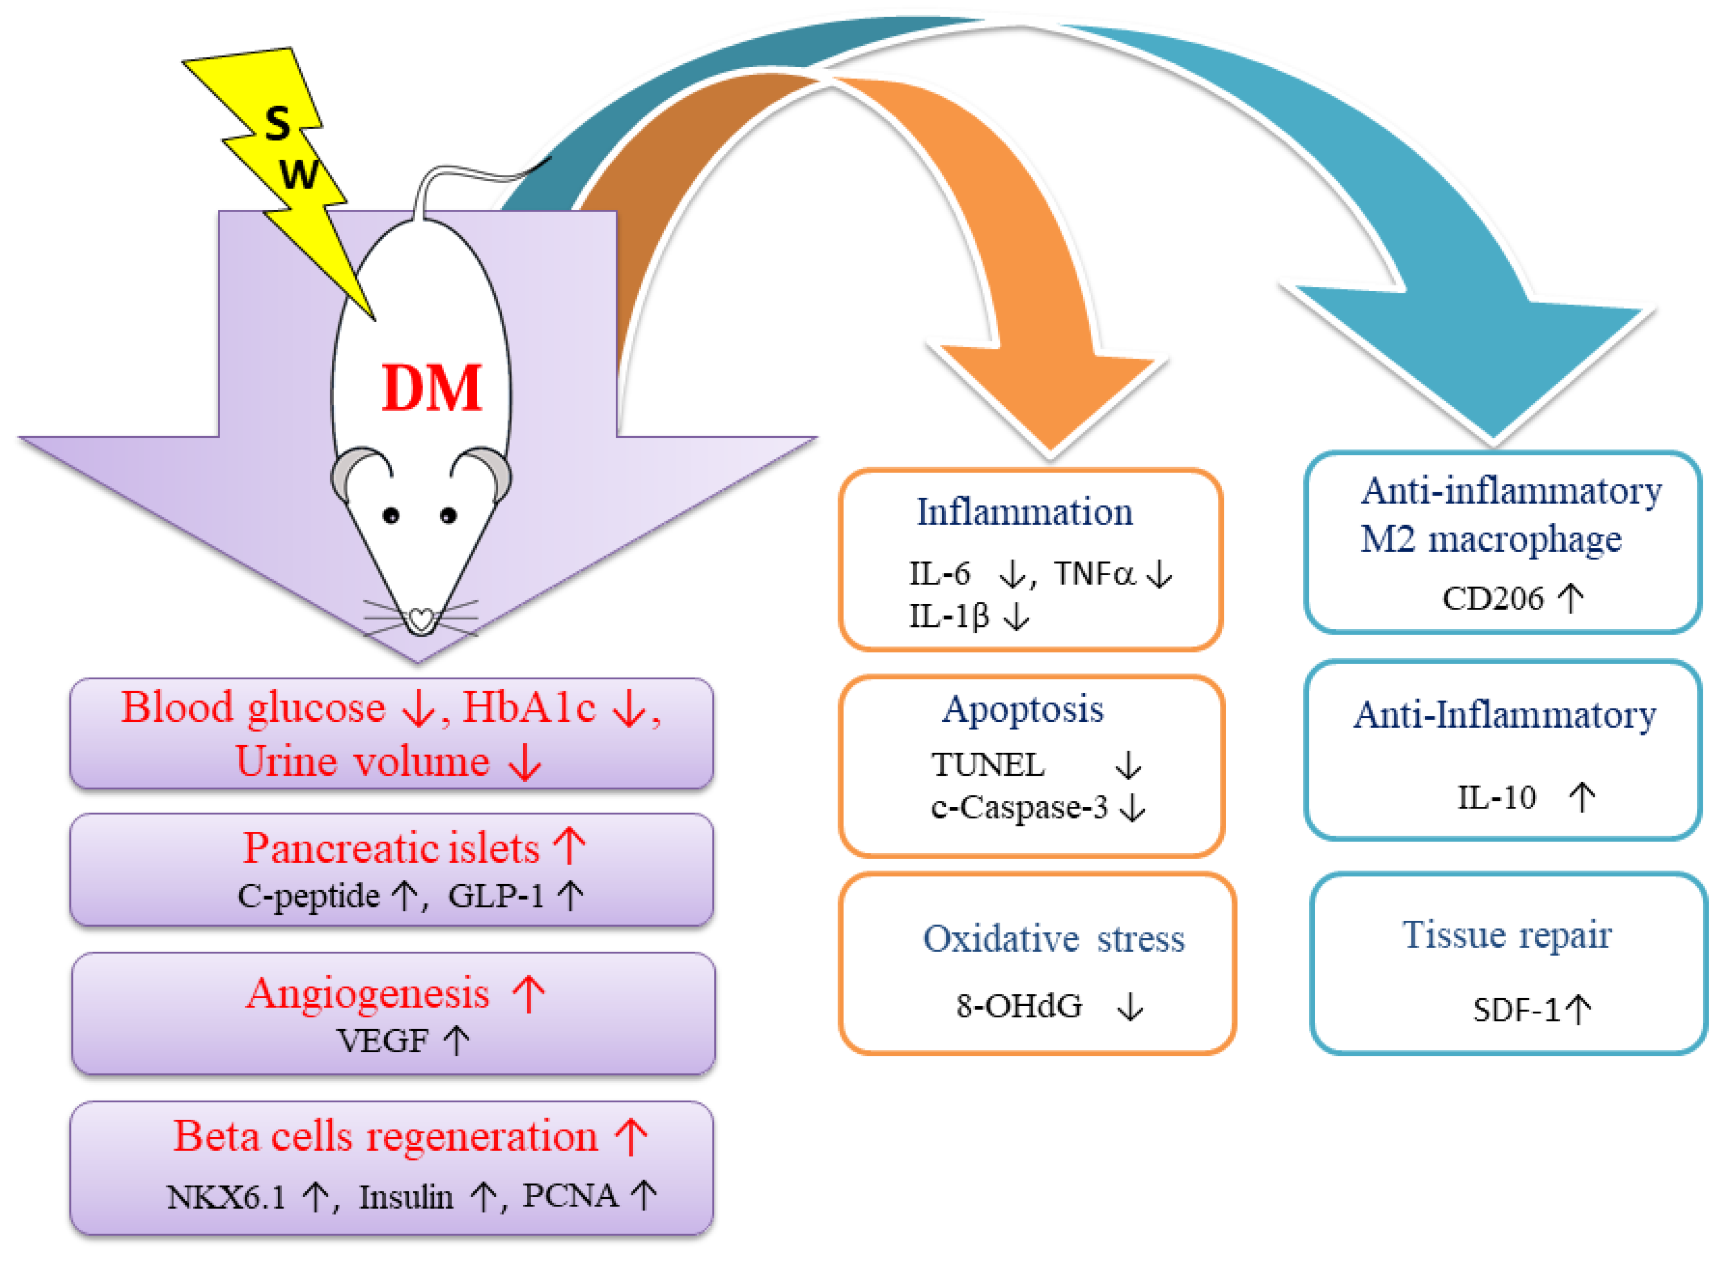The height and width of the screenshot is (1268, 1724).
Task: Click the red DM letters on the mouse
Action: click(x=431, y=388)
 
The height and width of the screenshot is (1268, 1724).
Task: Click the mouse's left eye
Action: click(x=391, y=516)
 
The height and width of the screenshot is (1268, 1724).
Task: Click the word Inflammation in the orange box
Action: click(x=1024, y=512)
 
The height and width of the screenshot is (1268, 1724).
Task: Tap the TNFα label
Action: click(x=1094, y=573)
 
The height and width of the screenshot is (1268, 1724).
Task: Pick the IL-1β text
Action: click(x=948, y=615)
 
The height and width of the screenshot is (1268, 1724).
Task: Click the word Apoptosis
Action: click(x=1023, y=709)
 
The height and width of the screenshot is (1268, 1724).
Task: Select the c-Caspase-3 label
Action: click(x=1019, y=807)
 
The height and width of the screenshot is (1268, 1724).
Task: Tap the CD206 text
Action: click(x=1492, y=599)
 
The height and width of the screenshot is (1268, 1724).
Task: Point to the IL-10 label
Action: click(x=1496, y=798)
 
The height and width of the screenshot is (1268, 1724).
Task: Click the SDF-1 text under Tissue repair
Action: click(x=1516, y=1010)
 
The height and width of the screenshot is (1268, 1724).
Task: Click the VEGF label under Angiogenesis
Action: click(x=382, y=1041)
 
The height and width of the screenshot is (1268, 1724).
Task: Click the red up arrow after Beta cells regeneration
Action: click(x=632, y=1137)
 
